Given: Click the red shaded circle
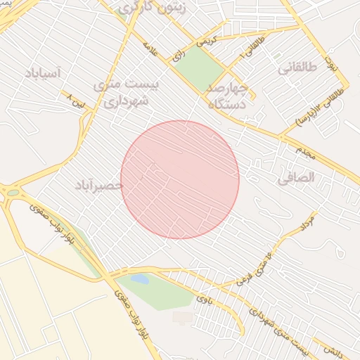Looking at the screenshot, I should point(180,179).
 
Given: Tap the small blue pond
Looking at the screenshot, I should point(140,279).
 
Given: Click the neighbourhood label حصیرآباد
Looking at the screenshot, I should point(99,185).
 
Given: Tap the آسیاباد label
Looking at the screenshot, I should point(43,72).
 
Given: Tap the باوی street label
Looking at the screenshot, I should point(204,300).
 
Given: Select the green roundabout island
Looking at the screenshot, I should point(13,192).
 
